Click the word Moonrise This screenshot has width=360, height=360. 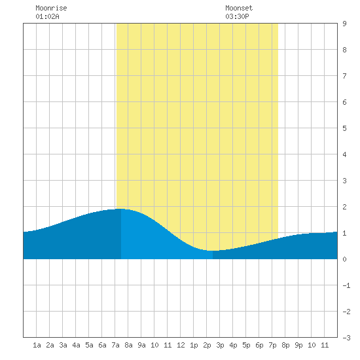coord(51,9)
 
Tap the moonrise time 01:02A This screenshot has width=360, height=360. coord(47,16)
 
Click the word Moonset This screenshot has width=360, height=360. coord(239,9)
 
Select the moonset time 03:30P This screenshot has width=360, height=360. coord(237,16)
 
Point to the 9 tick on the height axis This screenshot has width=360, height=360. coord(344,24)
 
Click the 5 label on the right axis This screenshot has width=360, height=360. coord(344,128)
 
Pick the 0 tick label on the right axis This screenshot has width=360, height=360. coord(344,259)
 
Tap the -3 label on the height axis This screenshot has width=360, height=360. coord(346,338)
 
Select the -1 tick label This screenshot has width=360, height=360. coord(346,285)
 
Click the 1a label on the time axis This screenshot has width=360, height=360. coord(37,345)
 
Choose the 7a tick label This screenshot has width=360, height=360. coord(115,345)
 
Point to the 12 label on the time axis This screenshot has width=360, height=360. coord(181,345)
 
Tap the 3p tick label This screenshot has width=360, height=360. coord(220,345)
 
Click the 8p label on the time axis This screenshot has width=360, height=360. coord(285,345)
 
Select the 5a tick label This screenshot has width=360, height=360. coord(89,345)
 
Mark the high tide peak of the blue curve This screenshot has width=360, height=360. coord(121,209)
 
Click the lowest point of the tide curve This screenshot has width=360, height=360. coord(212,251)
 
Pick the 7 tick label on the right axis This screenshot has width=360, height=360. coord(344,76)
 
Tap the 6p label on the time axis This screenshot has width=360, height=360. coord(259,345)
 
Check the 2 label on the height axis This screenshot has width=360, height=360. coord(344,207)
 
